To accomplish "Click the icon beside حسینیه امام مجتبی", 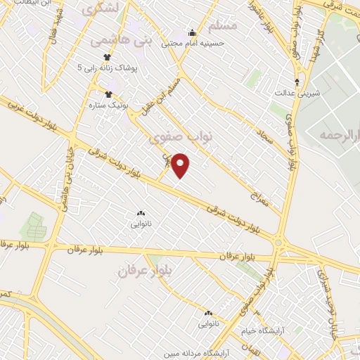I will point(192,32).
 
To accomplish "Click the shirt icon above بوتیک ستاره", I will point(108,94).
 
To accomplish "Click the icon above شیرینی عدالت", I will point(297,82).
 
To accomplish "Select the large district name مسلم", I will point(223,25).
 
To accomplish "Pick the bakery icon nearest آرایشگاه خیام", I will point(209,313).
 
